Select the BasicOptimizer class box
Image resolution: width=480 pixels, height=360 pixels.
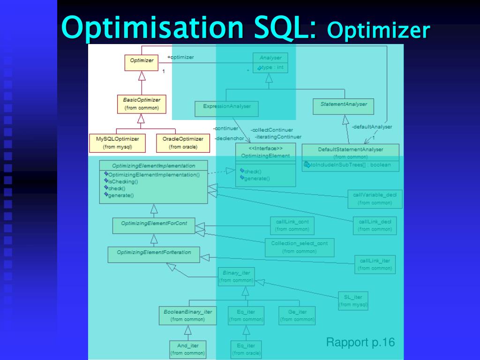[x=142, y=104]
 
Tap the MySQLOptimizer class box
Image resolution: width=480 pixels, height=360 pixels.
[x=118, y=143]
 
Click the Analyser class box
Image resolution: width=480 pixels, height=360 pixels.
[x=270, y=62]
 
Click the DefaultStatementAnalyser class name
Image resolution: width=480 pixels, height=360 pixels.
[x=351, y=150]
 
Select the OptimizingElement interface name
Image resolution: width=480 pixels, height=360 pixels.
[x=265, y=156]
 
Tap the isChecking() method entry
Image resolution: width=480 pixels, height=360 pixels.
[x=123, y=181]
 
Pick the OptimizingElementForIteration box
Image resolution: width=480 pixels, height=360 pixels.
[x=154, y=254]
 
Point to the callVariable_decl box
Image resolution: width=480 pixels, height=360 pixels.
[x=375, y=199]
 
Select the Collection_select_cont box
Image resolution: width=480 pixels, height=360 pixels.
[x=300, y=247]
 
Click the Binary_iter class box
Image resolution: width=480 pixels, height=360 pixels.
[x=236, y=277]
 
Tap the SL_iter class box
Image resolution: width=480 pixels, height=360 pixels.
[x=353, y=300]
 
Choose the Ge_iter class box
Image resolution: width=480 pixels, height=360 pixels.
[x=297, y=315]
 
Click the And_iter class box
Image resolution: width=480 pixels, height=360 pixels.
[x=187, y=349]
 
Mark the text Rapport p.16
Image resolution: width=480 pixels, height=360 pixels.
[x=360, y=342]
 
